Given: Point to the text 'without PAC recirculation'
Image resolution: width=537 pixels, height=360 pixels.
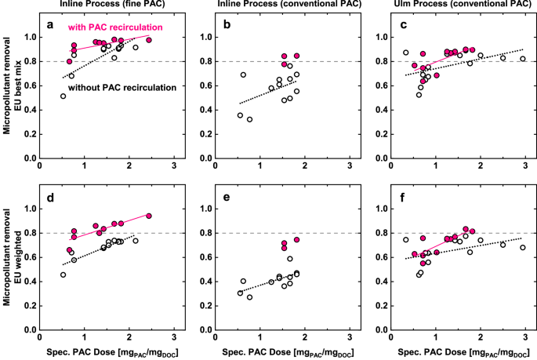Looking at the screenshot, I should point(121,88).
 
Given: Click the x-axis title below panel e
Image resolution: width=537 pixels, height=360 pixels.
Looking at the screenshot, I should point(284,351).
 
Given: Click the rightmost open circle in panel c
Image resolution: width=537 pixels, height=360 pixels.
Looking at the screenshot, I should point(523,59).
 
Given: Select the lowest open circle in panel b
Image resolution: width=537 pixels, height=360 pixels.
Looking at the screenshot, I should point(249,119).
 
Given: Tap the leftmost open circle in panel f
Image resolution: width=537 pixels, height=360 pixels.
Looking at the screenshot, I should point(406,240).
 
